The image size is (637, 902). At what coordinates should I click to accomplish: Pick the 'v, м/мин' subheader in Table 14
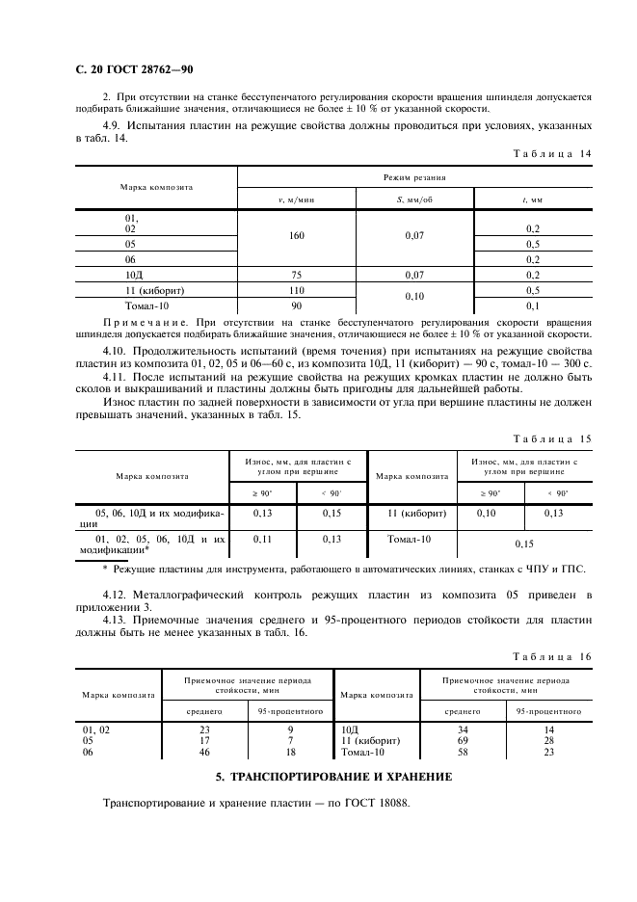pos(297,199)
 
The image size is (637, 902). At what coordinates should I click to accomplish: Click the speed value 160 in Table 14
pos(297,234)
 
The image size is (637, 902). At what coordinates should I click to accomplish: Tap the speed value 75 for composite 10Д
pos(297,275)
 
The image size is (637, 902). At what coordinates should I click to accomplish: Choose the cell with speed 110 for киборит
pos(297,290)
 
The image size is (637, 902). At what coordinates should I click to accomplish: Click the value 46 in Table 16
pos(204,752)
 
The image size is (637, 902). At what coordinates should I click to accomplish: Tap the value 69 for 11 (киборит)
pos(463,740)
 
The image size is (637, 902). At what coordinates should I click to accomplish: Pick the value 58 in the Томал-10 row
pos(463,752)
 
